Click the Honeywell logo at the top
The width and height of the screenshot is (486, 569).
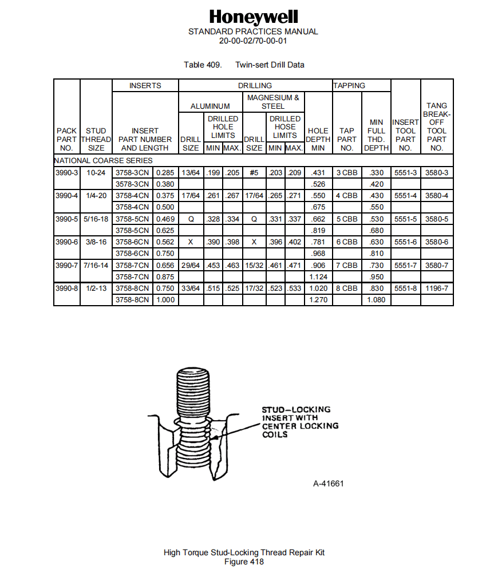pyautogui.click(x=253, y=17)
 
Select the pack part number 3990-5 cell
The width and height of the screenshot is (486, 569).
pyautogui.click(x=66, y=219)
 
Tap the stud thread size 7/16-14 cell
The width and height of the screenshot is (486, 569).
pyautogui.click(x=96, y=265)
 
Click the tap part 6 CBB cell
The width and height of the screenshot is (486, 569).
pyautogui.click(x=346, y=242)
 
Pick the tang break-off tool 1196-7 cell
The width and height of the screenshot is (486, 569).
pyautogui.click(x=437, y=289)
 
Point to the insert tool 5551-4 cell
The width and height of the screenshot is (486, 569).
pyautogui.click(x=405, y=195)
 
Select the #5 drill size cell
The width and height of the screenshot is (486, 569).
pyautogui.click(x=254, y=172)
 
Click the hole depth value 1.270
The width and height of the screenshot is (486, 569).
pyautogui.click(x=318, y=300)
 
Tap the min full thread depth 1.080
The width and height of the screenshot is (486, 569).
pyautogui.click(x=376, y=300)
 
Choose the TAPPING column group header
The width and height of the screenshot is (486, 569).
pyautogui.click(x=349, y=85)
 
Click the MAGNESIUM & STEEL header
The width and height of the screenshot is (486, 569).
pyautogui.click(x=273, y=102)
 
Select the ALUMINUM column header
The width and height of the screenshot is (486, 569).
pyautogui.click(x=210, y=106)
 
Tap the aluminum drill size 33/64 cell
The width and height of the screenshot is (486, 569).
pyautogui.click(x=191, y=289)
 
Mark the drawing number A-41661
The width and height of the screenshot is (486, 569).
pyautogui.click(x=328, y=483)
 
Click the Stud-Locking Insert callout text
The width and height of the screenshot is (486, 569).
pyautogui.click(x=299, y=422)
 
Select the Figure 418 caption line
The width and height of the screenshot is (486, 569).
pyautogui.click(x=244, y=562)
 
